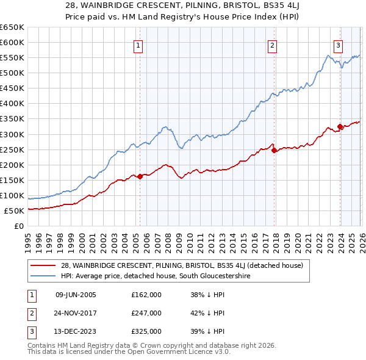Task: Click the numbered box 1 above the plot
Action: tap(138, 45)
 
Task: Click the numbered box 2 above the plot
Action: tap(272, 45)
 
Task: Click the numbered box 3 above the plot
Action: tap(338, 45)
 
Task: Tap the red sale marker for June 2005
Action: tap(140, 176)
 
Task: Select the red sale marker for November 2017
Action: tap(274, 150)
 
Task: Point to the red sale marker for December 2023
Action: tap(340, 126)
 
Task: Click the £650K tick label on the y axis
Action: tap(12, 27)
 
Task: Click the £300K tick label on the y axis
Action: tap(12, 134)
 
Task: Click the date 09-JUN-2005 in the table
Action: tap(76, 295)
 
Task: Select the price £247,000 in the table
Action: tap(146, 313)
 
